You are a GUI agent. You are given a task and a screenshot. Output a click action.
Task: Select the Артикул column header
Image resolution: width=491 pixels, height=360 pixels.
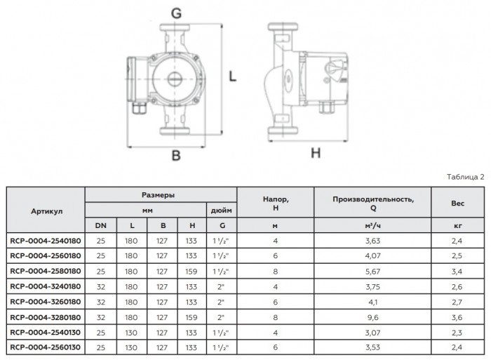click(46, 209)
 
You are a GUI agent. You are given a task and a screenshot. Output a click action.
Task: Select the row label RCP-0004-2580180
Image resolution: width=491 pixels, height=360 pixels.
click(46, 270)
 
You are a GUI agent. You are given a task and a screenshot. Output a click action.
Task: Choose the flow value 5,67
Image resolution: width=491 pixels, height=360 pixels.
click(373, 270)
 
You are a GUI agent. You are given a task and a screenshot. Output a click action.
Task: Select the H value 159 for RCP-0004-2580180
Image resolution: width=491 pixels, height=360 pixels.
click(191, 270)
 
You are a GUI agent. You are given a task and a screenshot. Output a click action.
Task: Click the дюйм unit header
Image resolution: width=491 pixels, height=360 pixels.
click(222, 209)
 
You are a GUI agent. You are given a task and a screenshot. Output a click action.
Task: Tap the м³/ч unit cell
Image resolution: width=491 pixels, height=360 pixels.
click(373, 225)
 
